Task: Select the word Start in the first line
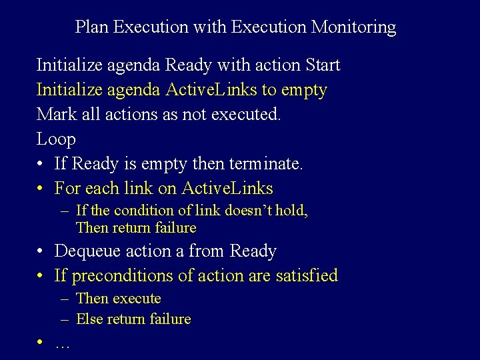[x=322, y=65]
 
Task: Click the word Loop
[x=56, y=139]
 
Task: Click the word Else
[x=89, y=319]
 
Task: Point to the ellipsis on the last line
[x=63, y=345]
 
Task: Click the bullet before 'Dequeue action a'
[x=41, y=252]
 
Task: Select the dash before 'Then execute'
[x=65, y=299]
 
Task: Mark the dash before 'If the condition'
[x=65, y=211]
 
